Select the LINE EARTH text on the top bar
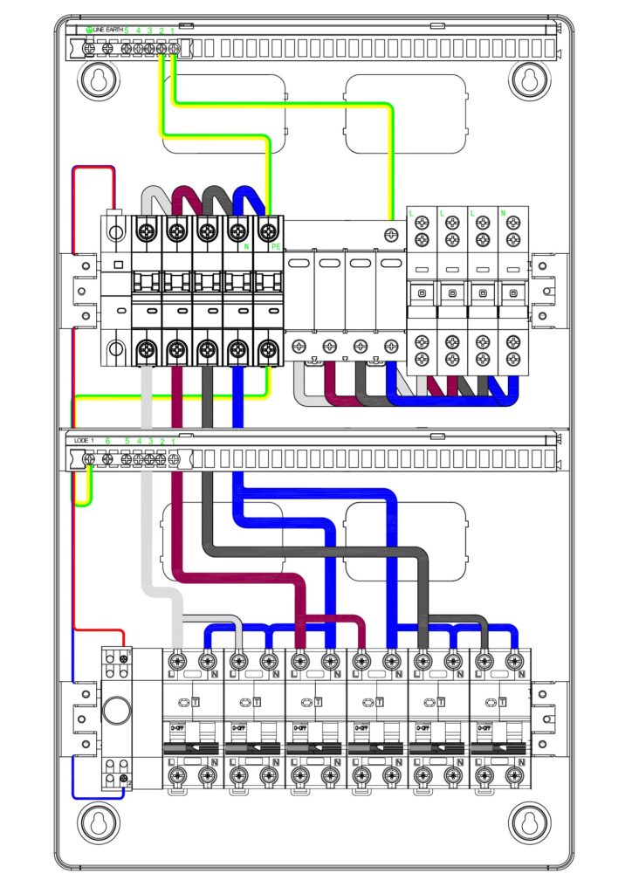click(x=109, y=31)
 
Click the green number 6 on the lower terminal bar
click(x=107, y=441)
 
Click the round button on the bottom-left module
click(x=115, y=709)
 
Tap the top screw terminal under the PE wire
click(x=266, y=231)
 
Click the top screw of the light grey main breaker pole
click(x=147, y=231)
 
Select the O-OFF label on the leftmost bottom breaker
click(x=177, y=727)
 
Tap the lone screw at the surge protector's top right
click(x=392, y=233)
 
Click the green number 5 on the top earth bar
click(x=127, y=31)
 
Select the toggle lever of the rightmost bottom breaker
click(x=500, y=748)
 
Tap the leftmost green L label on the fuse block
click(x=411, y=213)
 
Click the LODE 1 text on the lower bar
click(x=84, y=441)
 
